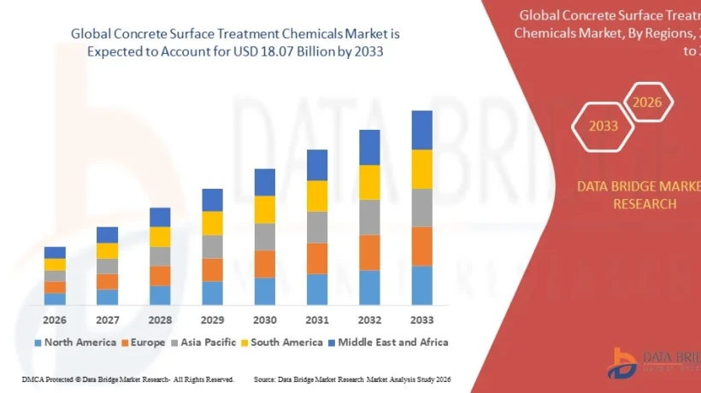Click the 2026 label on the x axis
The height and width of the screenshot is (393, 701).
coord(55,320)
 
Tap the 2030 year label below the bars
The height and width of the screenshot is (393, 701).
coord(265,320)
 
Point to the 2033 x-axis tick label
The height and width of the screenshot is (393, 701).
coord(422,320)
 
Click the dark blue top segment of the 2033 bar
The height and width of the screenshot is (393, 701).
coord(422,130)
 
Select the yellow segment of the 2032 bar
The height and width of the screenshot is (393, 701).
coord(369,182)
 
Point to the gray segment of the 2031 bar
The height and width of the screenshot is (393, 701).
coord(317,227)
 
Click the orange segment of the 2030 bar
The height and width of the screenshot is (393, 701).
coord(265,264)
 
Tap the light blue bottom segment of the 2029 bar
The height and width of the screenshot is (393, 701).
coord(212,293)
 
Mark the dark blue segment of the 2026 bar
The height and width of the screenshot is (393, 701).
coord(55,252)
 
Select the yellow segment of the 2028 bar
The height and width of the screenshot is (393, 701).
coord(160,237)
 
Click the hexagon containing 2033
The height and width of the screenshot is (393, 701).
coord(603,126)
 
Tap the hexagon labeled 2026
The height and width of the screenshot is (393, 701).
coord(647,103)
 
